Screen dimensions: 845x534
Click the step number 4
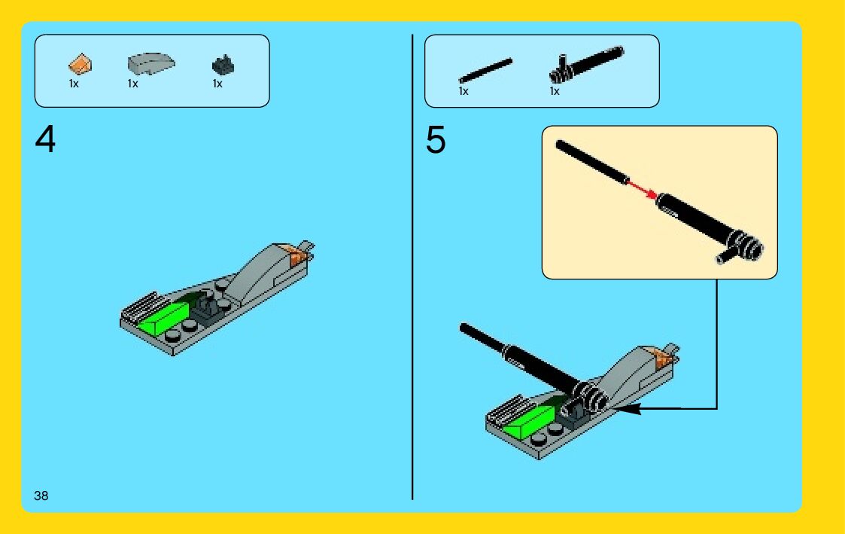(x=45, y=139)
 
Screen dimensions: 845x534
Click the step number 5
(x=436, y=139)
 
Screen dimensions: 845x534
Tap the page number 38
(x=41, y=496)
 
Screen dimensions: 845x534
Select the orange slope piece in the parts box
(x=81, y=64)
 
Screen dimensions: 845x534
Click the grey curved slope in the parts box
(x=151, y=63)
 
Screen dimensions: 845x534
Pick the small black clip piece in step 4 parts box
(x=223, y=65)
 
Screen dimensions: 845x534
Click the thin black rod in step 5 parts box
(x=485, y=70)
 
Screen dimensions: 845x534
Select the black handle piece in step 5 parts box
(x=586, y=64)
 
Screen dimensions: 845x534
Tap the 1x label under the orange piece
(x=74, y=84)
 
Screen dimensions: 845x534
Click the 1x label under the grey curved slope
(x=133, y=84)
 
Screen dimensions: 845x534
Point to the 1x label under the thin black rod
(x=464, y=91)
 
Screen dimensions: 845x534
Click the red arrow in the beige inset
(x=643, y=189)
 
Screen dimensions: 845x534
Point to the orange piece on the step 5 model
(x=661, y=357)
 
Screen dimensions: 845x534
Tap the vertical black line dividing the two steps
(x=412, y=267)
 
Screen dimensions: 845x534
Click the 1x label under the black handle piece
(x=555, y=91)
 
